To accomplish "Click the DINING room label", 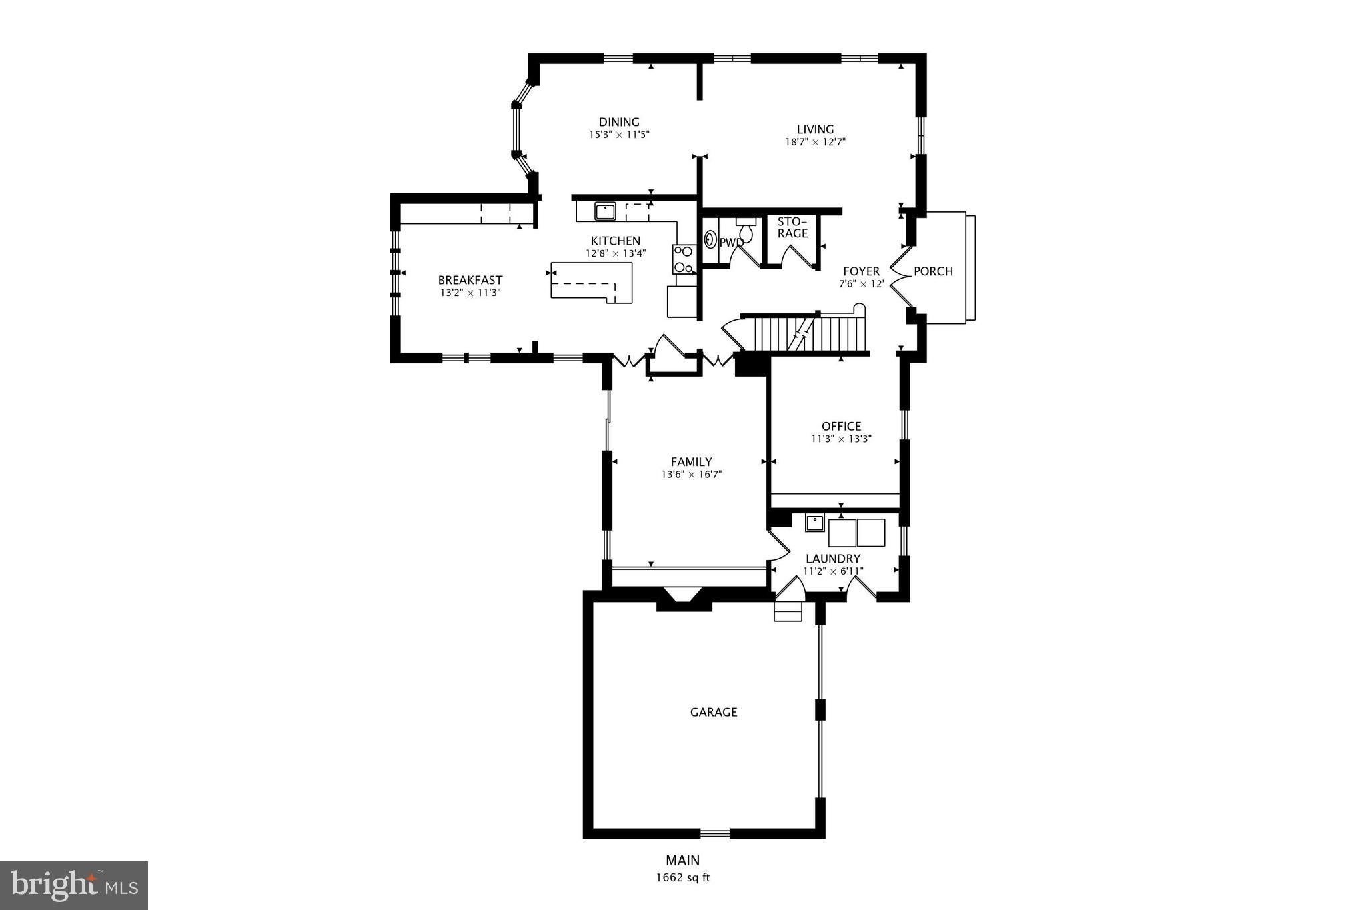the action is point(619,122).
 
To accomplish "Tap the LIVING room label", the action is point(815,129).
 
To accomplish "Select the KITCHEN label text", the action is point(615,241).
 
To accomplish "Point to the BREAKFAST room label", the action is point(470,280).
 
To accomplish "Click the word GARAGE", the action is point(714,712).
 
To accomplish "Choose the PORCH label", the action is point(933,271).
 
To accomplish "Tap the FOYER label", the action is point(861,271).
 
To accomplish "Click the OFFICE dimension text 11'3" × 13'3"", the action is point(842,439).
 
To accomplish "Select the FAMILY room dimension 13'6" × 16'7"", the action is point(692,475).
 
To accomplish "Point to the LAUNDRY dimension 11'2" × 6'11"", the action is point(833,571).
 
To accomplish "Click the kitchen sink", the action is point(605,211).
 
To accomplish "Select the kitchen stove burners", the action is point(683,259).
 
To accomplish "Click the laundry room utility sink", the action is point(814,523).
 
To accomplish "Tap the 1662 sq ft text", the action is point(683,877).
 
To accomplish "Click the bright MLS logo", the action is point(74,885).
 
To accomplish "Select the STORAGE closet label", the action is point(792,227).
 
